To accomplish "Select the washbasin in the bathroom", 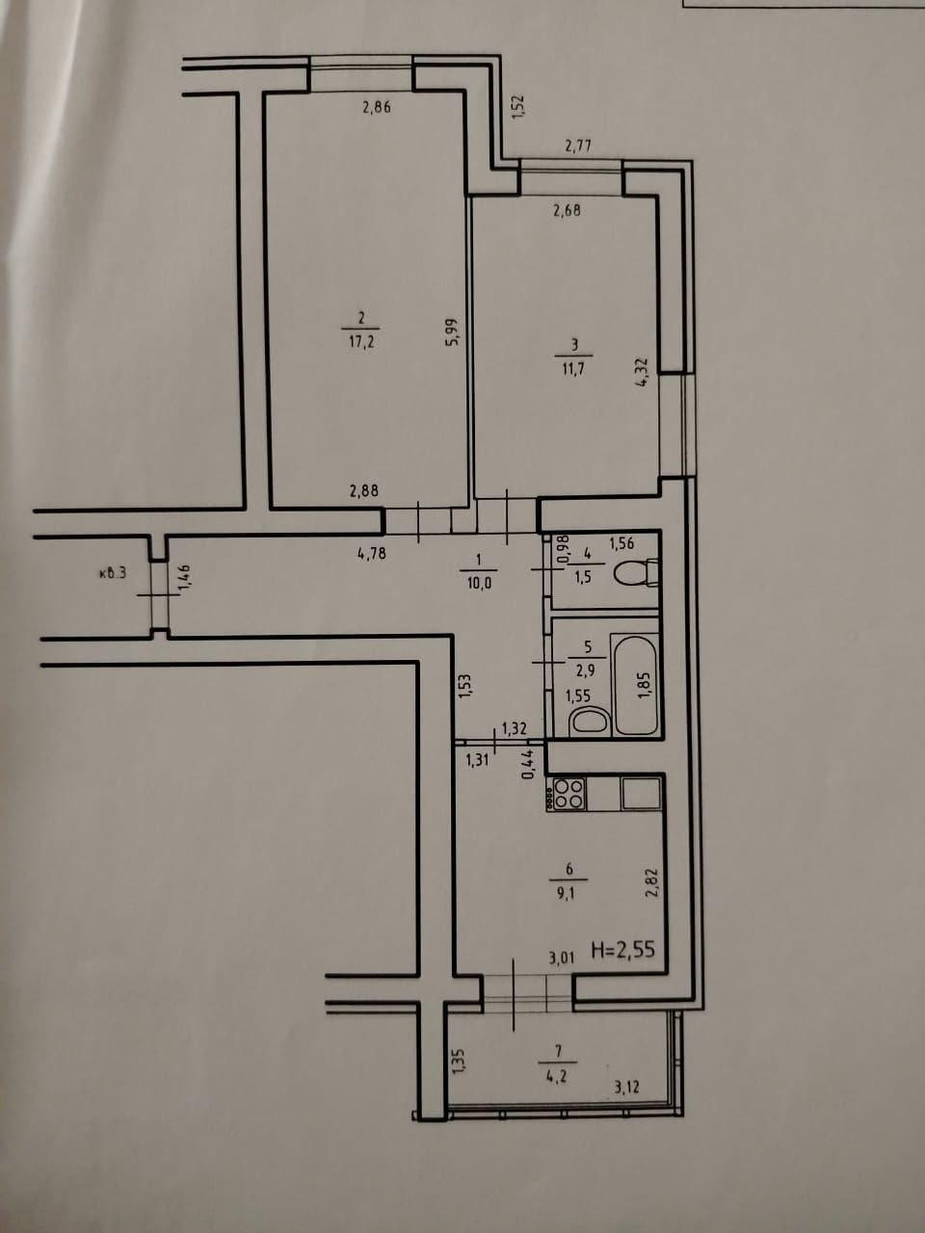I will coord(589,721).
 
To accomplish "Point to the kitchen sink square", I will coord(641,792).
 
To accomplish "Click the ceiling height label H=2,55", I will coord(621,950).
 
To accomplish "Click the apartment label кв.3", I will coord(113,575).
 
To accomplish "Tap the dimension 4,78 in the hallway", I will coord(372,553).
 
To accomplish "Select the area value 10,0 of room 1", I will coord(478,582).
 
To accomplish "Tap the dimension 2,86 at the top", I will coord(377,108).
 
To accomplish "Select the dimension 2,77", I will coord(578,146).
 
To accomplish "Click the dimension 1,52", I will coord(516,106).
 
